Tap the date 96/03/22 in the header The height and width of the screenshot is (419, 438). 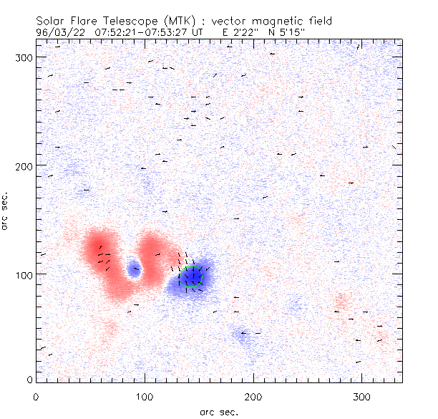57,32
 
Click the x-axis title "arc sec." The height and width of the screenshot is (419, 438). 218,412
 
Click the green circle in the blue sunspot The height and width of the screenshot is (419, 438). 193,276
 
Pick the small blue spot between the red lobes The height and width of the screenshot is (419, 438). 133,270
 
